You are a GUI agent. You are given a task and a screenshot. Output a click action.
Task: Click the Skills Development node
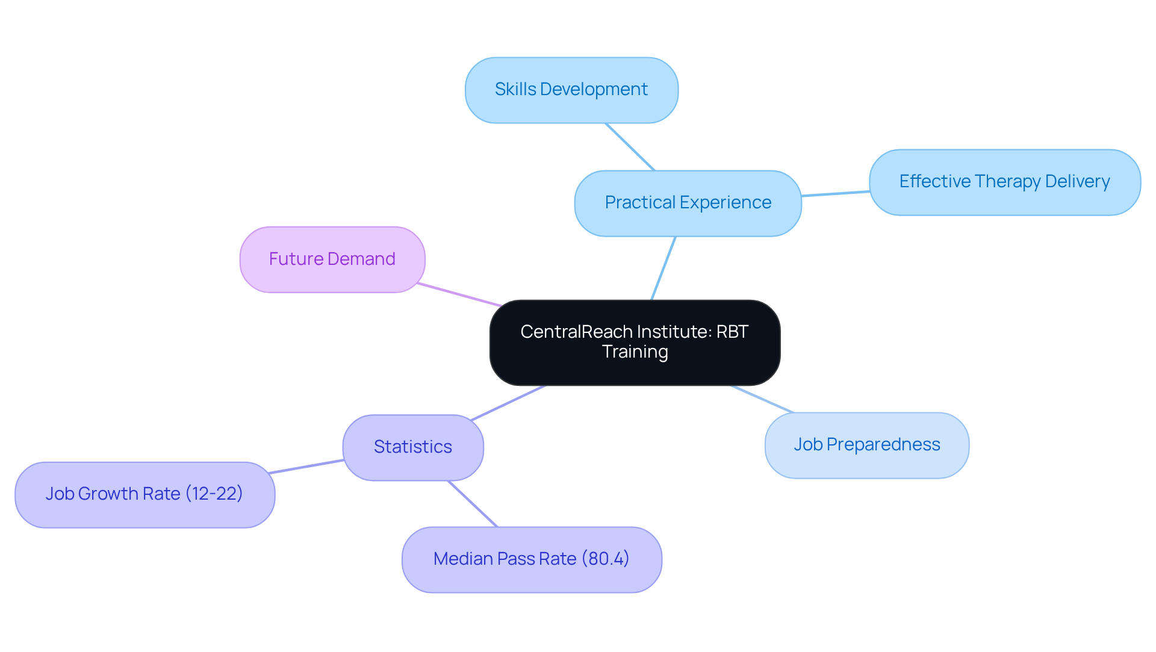click(x=571, y=90)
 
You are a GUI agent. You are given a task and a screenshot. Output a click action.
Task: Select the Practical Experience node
click(x=688, y=203)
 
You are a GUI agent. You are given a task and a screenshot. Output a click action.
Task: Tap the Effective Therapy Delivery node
click(x=1004, y=182)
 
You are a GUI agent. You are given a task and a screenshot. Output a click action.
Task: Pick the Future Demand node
click(x=332, y=259)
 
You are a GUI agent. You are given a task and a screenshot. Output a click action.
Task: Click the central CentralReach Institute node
click(x=635, y=342)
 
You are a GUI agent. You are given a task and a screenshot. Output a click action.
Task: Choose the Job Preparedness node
click(x=866, y=445)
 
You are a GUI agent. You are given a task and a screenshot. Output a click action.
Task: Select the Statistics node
click(x=413, y=447)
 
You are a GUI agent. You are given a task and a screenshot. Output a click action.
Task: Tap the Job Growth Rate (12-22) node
click(x=144, y=494)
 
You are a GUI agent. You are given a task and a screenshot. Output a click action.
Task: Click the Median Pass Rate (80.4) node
click(x=532, y=559)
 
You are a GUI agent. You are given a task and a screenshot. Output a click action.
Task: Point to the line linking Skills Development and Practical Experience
click(x=630, y=147)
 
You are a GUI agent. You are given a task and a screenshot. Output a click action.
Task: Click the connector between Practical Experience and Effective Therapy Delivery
click(x=835, y=193)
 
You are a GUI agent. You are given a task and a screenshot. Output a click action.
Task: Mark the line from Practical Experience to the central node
click(x=663, y=268)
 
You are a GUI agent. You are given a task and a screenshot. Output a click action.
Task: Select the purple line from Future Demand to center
click(x=459, y=294)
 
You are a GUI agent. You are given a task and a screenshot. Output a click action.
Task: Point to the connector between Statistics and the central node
click(x=508, y=403)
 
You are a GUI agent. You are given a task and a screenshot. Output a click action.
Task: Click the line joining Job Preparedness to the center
click(x=762, y=399)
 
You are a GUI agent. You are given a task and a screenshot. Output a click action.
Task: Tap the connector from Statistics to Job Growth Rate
click(x=306, y=467)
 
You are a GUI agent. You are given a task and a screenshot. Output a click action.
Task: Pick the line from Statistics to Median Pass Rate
click(x=473, y=504)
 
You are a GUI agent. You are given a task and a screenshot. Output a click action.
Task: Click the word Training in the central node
click(x=635, y=352)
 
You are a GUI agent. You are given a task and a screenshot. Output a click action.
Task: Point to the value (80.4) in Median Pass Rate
click(x=605, y=559)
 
